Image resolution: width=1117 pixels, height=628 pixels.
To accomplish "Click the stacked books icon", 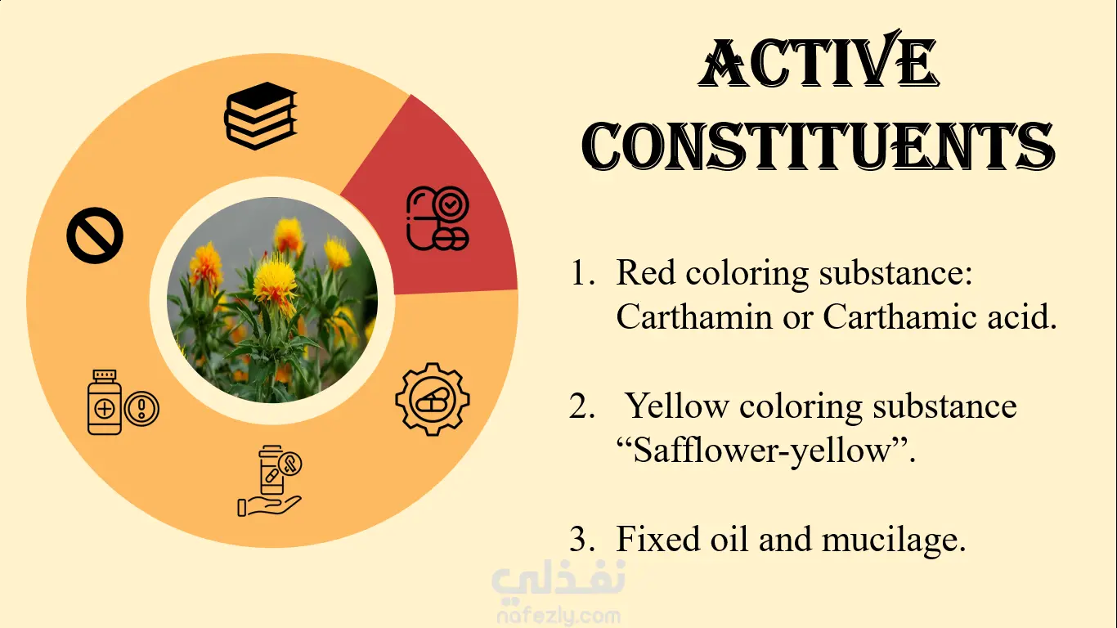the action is click(261, 116).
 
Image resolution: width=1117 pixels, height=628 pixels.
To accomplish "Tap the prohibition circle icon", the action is click(95, 235).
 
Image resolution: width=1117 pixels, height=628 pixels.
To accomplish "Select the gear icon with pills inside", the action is click(433, 399).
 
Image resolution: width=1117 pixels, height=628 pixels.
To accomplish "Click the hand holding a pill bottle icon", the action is click(270, 481).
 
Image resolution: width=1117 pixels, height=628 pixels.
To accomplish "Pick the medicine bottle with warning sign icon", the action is click(123, 402).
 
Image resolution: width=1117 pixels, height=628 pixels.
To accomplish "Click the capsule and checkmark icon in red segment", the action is click(437, 218).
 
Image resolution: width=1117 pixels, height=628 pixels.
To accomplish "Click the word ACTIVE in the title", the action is click(819, 64).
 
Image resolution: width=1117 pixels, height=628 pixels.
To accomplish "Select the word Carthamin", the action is click(694, 316).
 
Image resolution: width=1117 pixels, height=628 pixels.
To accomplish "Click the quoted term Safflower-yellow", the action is click(761, 451).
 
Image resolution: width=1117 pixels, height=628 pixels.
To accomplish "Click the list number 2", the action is click(582, 407).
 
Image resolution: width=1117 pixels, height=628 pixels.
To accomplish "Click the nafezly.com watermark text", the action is click(559, 617).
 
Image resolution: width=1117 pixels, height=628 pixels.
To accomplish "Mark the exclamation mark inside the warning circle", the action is click(142, 408).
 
